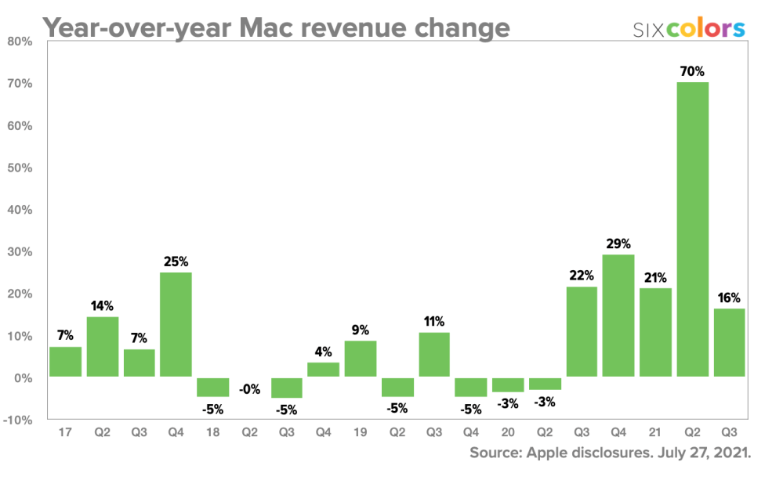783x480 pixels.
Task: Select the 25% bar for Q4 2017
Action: point(176,324)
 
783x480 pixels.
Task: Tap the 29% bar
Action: point(619,316)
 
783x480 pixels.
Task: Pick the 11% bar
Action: point(434,354)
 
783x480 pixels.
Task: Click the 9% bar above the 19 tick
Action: point(361,359)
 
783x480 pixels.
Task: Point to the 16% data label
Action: point(730,298)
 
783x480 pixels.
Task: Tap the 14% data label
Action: point(102,305)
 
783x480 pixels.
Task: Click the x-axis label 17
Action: point(65,431)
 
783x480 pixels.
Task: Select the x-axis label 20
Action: point(508,431)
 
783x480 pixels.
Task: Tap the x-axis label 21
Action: point(656,431)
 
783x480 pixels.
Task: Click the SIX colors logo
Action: point(689,29)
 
